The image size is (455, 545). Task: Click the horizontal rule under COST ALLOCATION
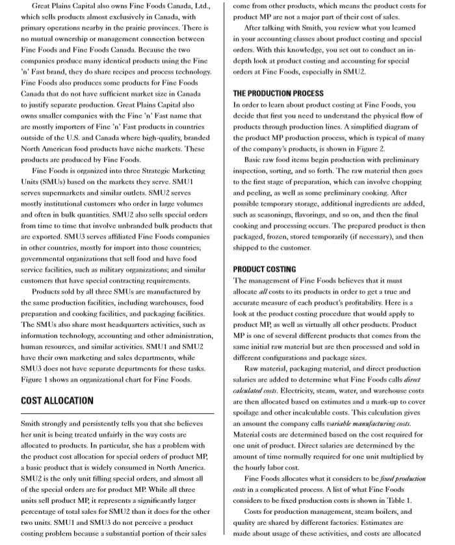pyautogui.click(x=117, y=414)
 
